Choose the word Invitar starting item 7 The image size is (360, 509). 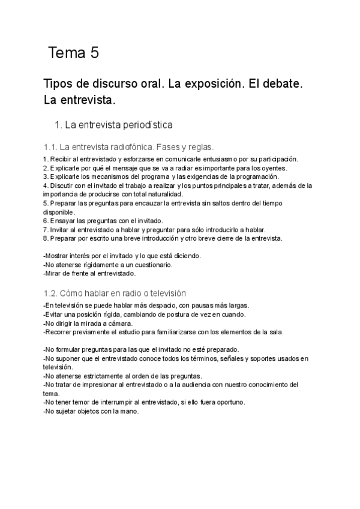click(59, 229)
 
